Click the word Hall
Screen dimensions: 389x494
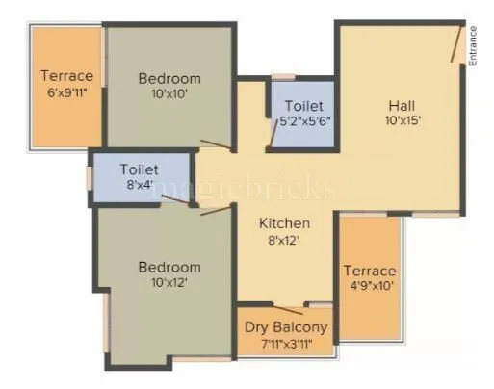[x=402, y=105]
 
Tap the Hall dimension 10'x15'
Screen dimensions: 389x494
[x=402, y=121]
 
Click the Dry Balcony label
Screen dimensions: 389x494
[x=286, y=327]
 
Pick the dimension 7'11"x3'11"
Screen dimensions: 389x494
[x=286, y=344]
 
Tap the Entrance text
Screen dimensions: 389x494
[x=473, y=45]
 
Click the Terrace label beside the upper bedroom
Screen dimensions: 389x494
[x=66, y=76]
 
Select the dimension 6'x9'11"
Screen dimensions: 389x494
[x=66, y=92]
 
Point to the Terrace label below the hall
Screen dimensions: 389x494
[x=370, y=271]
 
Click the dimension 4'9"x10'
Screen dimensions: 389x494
[x=370, y=286]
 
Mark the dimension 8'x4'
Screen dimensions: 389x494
[x=139, y=185]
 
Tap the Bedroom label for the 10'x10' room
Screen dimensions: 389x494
[x=169, y=78]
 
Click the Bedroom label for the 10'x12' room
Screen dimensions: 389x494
[x=169, y=267]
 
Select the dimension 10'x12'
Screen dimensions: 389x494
[x=169, y=283]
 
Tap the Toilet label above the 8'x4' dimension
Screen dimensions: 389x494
[x=139, y=169]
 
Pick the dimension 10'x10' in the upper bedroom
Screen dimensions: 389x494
[x=169, y=94]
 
